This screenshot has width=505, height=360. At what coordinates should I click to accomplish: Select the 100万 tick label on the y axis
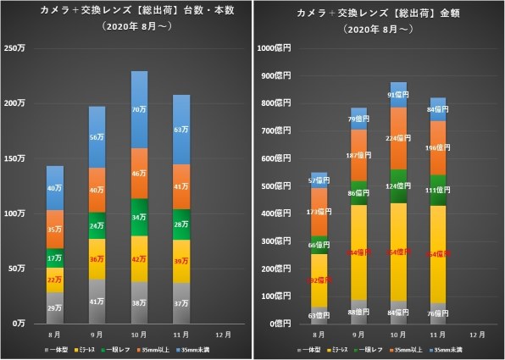tap(16, 213)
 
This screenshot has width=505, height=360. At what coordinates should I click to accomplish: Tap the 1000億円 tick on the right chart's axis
tap(275, 47)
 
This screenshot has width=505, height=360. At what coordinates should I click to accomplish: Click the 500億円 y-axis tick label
tap(278, 186)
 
